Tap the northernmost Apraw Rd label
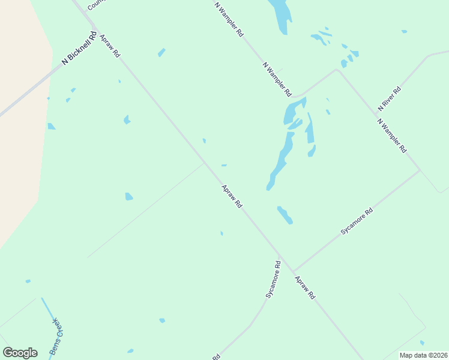coord(110,46)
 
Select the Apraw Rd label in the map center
coord(232,196)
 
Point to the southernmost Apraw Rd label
coord(305,288)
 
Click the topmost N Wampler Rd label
coord(229,19)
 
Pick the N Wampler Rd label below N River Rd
coord(392,135)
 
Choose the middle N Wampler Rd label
coord(277,79)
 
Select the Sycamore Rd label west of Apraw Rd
coord(273,280)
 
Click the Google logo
coord(20,353)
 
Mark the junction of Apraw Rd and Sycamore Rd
coord(293,271)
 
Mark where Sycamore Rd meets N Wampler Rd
coord(420,170)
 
